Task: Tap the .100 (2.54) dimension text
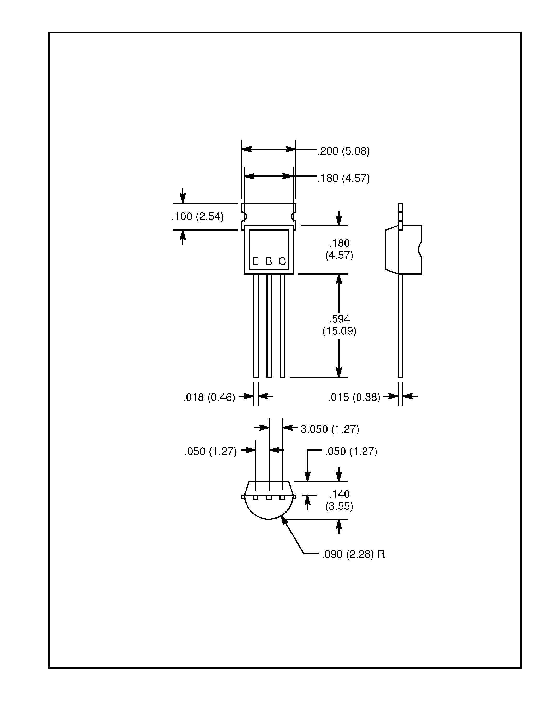pos(198,216)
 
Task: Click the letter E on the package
pos(255,261)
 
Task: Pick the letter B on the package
pos(269,261)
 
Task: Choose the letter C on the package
pos(282,261)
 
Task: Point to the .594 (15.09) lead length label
pos(339,325)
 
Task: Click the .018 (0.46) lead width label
pos(209,397)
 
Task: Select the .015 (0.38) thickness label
pos(354,397)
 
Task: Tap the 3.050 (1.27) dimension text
pos(330,429)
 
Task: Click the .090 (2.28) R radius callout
pos(353,554)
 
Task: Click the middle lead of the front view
pos(269,326)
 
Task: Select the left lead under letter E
pos(255,326)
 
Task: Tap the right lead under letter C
pos(282,326)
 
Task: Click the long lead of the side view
pos(400,326)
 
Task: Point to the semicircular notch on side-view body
pos(420,250)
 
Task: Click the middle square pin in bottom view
pos(269,497)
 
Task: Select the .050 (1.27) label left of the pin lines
pos(211,451)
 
